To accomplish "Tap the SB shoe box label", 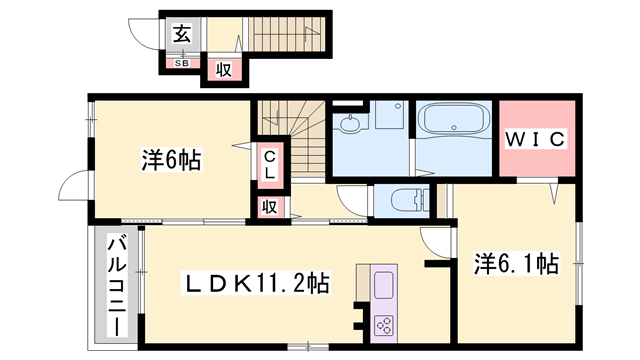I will [x=182, y=63].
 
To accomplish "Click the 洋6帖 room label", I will [x=171, y=159].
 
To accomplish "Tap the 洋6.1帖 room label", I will [x=515, y=264].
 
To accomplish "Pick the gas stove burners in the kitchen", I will [x=384, y=324].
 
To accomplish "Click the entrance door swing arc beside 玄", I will [x=149, y=35].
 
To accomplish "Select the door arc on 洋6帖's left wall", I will [x=74, y=188].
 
